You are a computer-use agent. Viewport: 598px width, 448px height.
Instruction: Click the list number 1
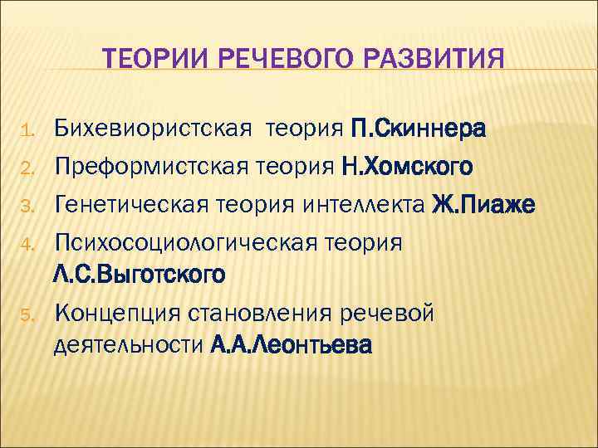click(x=26, y=131)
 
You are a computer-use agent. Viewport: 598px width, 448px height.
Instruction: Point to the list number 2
click(x=26, y=169)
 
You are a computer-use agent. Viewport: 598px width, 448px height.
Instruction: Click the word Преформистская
click(x=146, y=167)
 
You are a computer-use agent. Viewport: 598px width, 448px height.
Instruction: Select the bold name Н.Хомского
click(x=407, y=167)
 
